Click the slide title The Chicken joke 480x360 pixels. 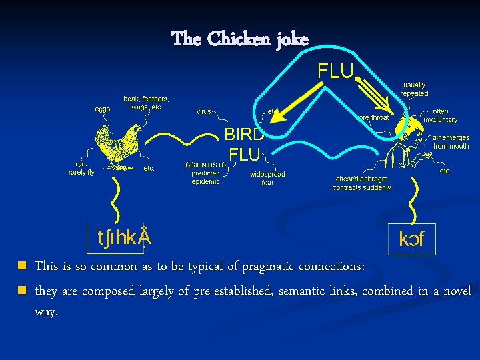pyautogui.click(x=240, y=39)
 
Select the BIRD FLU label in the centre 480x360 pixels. pyautogui.click(x=244, y=144)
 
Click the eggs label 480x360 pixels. pyautogui.click(x=102, y=108)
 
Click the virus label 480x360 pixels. pyautogui.click(x=204, y=111)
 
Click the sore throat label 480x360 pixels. pyautogui.click(x=373, y=117)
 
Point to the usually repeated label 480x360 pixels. pyautogui.click(x=414, y=89)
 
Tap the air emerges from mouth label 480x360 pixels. pyautogui.click(x=451, y=142)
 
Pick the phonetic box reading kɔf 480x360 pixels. pyautogui.click(x=411, y=238)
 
